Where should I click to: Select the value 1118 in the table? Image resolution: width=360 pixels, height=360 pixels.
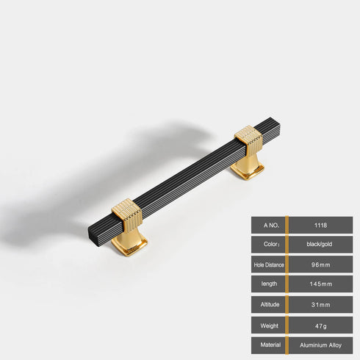(320, 225)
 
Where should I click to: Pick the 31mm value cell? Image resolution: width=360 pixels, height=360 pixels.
(320, 304)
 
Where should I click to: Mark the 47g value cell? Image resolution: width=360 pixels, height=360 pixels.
(320, 324)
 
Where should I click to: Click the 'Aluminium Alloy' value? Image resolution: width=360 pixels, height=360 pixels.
(320, 344)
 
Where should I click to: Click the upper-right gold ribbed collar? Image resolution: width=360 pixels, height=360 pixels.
(248, 139)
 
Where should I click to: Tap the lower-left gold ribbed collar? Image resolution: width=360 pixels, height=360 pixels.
(126, 214)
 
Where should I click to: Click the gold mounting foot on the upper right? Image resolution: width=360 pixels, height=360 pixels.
(248, 168)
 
